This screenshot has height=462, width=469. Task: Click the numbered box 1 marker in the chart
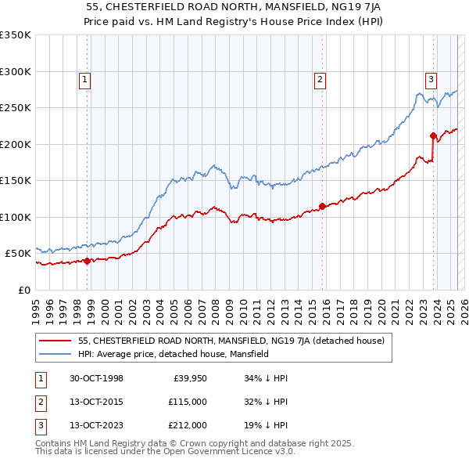click(x=84, y=78)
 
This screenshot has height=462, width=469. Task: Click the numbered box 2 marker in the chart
click(x=320, y=78)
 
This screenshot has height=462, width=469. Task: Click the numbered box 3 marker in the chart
click(x=431, y=78)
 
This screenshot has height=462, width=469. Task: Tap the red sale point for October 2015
click(x=322, y=207)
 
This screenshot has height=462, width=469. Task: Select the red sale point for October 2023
click(x=432, y=135)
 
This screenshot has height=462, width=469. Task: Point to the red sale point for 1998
click(x=88, y=262)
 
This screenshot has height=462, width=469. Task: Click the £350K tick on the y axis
click(x=16, y=35)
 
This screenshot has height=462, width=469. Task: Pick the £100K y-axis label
click(x=16, y=217)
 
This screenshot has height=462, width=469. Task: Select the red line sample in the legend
click(x=55, y=341)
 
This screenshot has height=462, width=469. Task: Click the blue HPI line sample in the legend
click(x=55, y=354)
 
